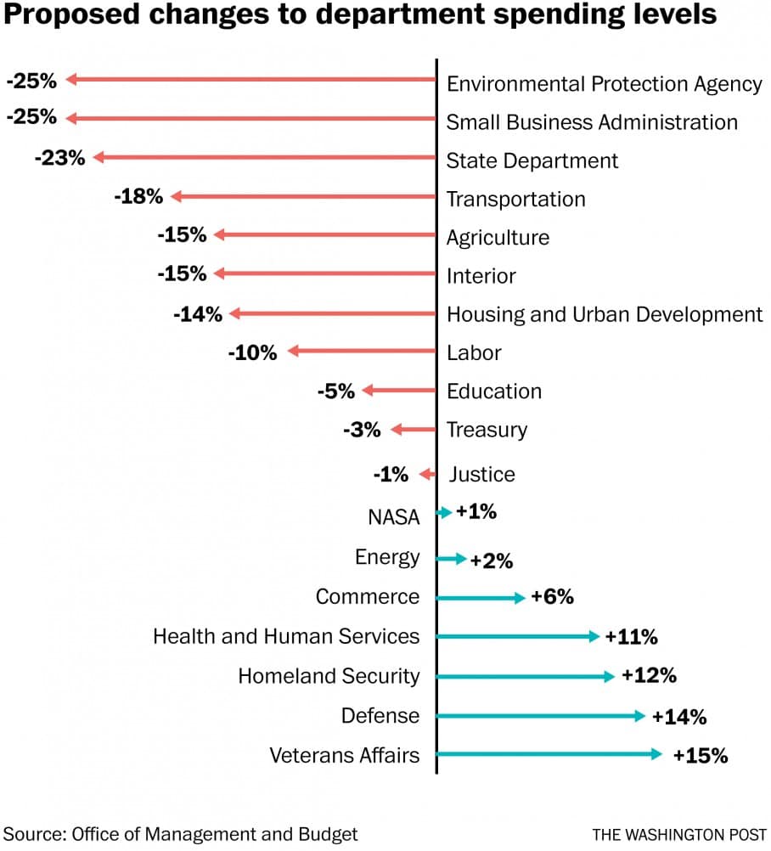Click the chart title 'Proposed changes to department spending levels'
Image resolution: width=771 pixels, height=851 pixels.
361,16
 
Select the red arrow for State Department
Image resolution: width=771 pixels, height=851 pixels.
264,157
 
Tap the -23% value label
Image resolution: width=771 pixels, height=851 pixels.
59,157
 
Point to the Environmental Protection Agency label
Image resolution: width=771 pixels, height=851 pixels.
604,84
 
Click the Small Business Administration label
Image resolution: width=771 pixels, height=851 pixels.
592,122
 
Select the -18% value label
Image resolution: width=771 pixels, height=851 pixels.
138,196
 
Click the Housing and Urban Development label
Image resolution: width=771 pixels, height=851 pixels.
605,314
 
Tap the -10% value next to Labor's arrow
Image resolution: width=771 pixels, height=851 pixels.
252,352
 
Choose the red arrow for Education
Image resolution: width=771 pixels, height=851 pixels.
398,391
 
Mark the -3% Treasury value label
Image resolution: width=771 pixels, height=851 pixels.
362,430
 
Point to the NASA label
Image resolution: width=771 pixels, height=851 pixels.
394,516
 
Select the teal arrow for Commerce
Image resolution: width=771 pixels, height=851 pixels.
481,598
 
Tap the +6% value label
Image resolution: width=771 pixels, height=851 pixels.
552,597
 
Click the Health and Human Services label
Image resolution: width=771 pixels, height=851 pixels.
286,636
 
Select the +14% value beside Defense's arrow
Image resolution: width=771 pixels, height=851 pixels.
679,716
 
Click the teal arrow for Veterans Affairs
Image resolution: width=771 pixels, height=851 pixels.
549,754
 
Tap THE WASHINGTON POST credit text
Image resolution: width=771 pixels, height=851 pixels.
679,834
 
